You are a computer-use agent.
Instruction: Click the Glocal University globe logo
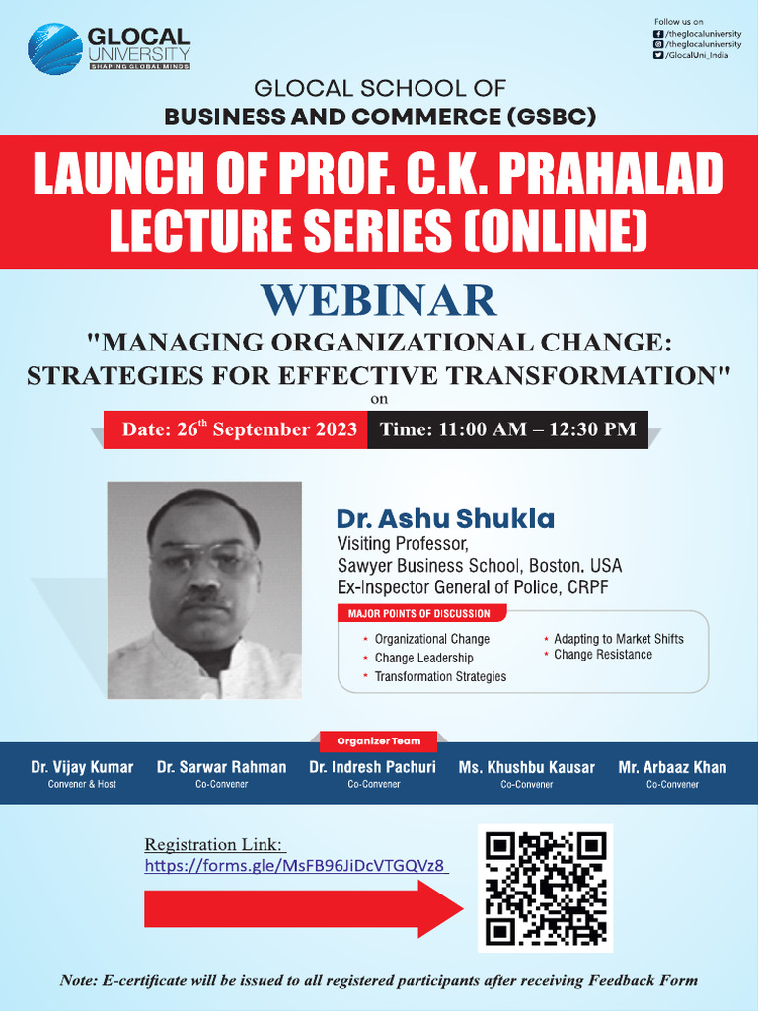pos(54,48)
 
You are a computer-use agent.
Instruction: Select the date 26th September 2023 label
pos(239,429)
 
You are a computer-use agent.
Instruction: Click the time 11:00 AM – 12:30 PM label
pos(507,429)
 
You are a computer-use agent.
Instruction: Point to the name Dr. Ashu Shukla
pos(445,519)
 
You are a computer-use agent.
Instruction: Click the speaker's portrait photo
pos(204,589)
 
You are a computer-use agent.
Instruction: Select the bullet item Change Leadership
pos(423,658)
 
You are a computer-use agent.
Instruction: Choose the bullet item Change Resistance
pos(602,655)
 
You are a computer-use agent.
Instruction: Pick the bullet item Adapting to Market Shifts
pos(618,639)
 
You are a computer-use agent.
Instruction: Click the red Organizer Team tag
pos(379,740)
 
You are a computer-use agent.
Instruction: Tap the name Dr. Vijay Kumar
pos(82,767)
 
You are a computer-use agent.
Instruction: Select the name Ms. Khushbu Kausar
pos(526,767)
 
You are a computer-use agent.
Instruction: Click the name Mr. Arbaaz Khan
pos(672,767)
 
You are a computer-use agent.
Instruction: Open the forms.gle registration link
pos(296,866)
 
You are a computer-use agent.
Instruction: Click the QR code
pos(546,889)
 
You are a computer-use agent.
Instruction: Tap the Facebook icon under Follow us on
pos(658,34)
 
